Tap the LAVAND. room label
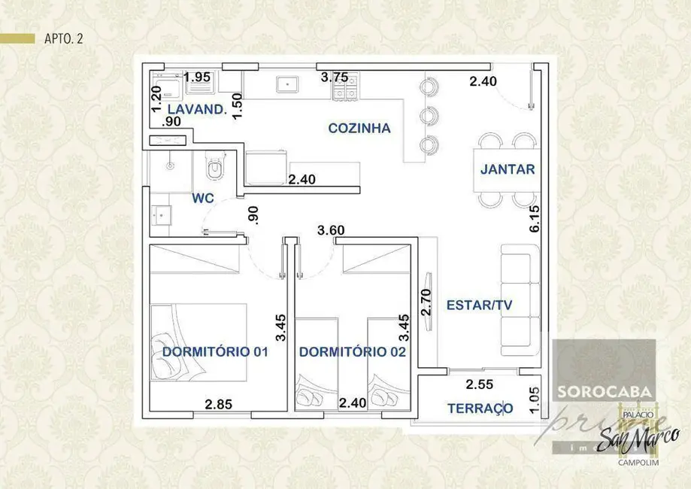pyautogui.click(x=198, y=109)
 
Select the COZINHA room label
pyautogui.click(x=359, y=128)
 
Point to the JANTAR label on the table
pyautogui.click(x=508, y=169)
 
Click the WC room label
pyautogui.click(x=203, y=198)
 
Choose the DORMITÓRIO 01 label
pyautogui.click(x=215, y=351)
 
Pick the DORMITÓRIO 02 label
pyautogui.click(x=353, y=351)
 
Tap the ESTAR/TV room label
pyautogui.click(x=479, y=305)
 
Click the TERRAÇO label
pyautogui.click(x=480, y=408)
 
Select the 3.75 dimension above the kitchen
pyautogui.click(x=335, y=77)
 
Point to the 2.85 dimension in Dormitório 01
pyautogui.click(x=219, y=404)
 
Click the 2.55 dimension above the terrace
pyautogui.click(x=480, y=385)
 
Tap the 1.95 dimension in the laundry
pyautogui.click(x=197, y=77)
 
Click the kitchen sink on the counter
pyautogui.click(x=287, y=83)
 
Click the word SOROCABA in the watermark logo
pyautogui.click(x=605, y=392)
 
